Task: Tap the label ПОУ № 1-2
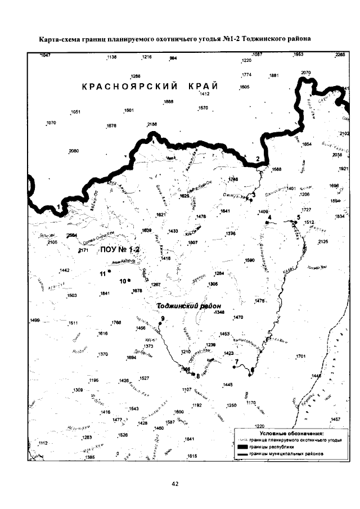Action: pyautogui.click(x=118, y=249)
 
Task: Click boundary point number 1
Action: pyautogui.click(x=58, y=208)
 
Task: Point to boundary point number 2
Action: pyautogui.click(x=258, y=159)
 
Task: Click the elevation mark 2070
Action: pyautogui.click(x=306, y=73)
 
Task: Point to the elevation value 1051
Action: pyautogui.click(x=75, y=111)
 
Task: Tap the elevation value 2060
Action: pyautogui.click(x=73, y=151)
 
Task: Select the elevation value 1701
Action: pyautogui.click(x=300, y=356)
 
